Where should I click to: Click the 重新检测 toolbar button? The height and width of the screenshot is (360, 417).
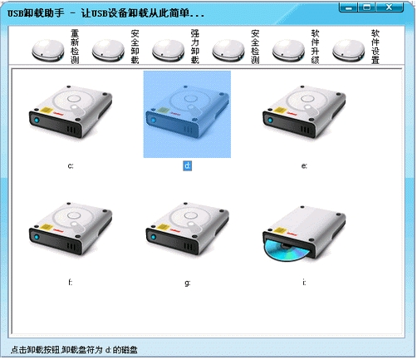pyautogui.click(x=55, y=47)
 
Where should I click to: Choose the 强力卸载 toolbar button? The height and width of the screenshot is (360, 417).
pyautogui.click(x=175, y=47)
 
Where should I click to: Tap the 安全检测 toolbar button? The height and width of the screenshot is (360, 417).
pyautogui.click(x=236, y=47)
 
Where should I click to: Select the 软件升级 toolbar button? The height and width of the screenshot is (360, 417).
pyautogui.click(x=296, y=47)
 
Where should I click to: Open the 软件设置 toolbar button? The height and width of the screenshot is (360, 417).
pyautogui.click(x=356, y=47)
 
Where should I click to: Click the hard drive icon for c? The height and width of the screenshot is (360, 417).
pyautogui.click(x=71, y=111)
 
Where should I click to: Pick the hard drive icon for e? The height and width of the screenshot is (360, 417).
pyautogui.click(x=304, y=111)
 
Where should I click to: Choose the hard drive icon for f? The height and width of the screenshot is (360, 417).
pyautogui.click(x=71, y=229)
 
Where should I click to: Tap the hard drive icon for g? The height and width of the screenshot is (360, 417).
pyautogui.click(x=188, y=229)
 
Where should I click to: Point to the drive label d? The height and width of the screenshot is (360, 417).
pyautogui.click(x=188, y=165)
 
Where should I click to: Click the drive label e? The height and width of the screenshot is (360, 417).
pyautogui.click(x=304, y=165)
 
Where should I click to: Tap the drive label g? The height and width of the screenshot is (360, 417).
pyautogui.click(x=188, y=283)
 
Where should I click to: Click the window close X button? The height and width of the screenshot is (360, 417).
pyautogui.click(x=390, y=7)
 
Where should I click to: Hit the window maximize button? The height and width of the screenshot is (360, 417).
pyautogui.click(x=367, y=7)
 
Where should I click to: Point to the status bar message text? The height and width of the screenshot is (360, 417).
pyautogui.click(x=74, y=350)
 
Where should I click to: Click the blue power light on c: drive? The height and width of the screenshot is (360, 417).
pyautogui.click(x=37, y=121)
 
